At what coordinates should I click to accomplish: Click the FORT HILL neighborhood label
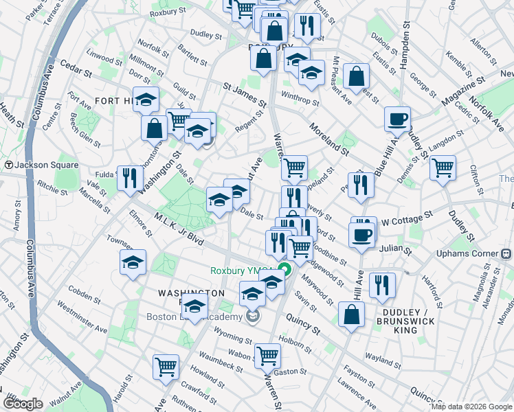click(114, 100)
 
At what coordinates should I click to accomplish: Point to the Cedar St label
click(76, 70)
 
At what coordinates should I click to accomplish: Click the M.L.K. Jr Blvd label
click(180, 230)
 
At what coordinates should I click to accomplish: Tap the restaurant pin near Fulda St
click(129, 179)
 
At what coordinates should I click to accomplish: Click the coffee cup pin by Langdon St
click(397, 119)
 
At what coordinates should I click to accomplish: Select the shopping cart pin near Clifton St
click(443, 167)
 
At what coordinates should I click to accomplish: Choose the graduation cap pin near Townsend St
click(133, 262)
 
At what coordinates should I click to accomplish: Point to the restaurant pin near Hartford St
click(382, 285)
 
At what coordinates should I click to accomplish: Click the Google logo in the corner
click(24, 404)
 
